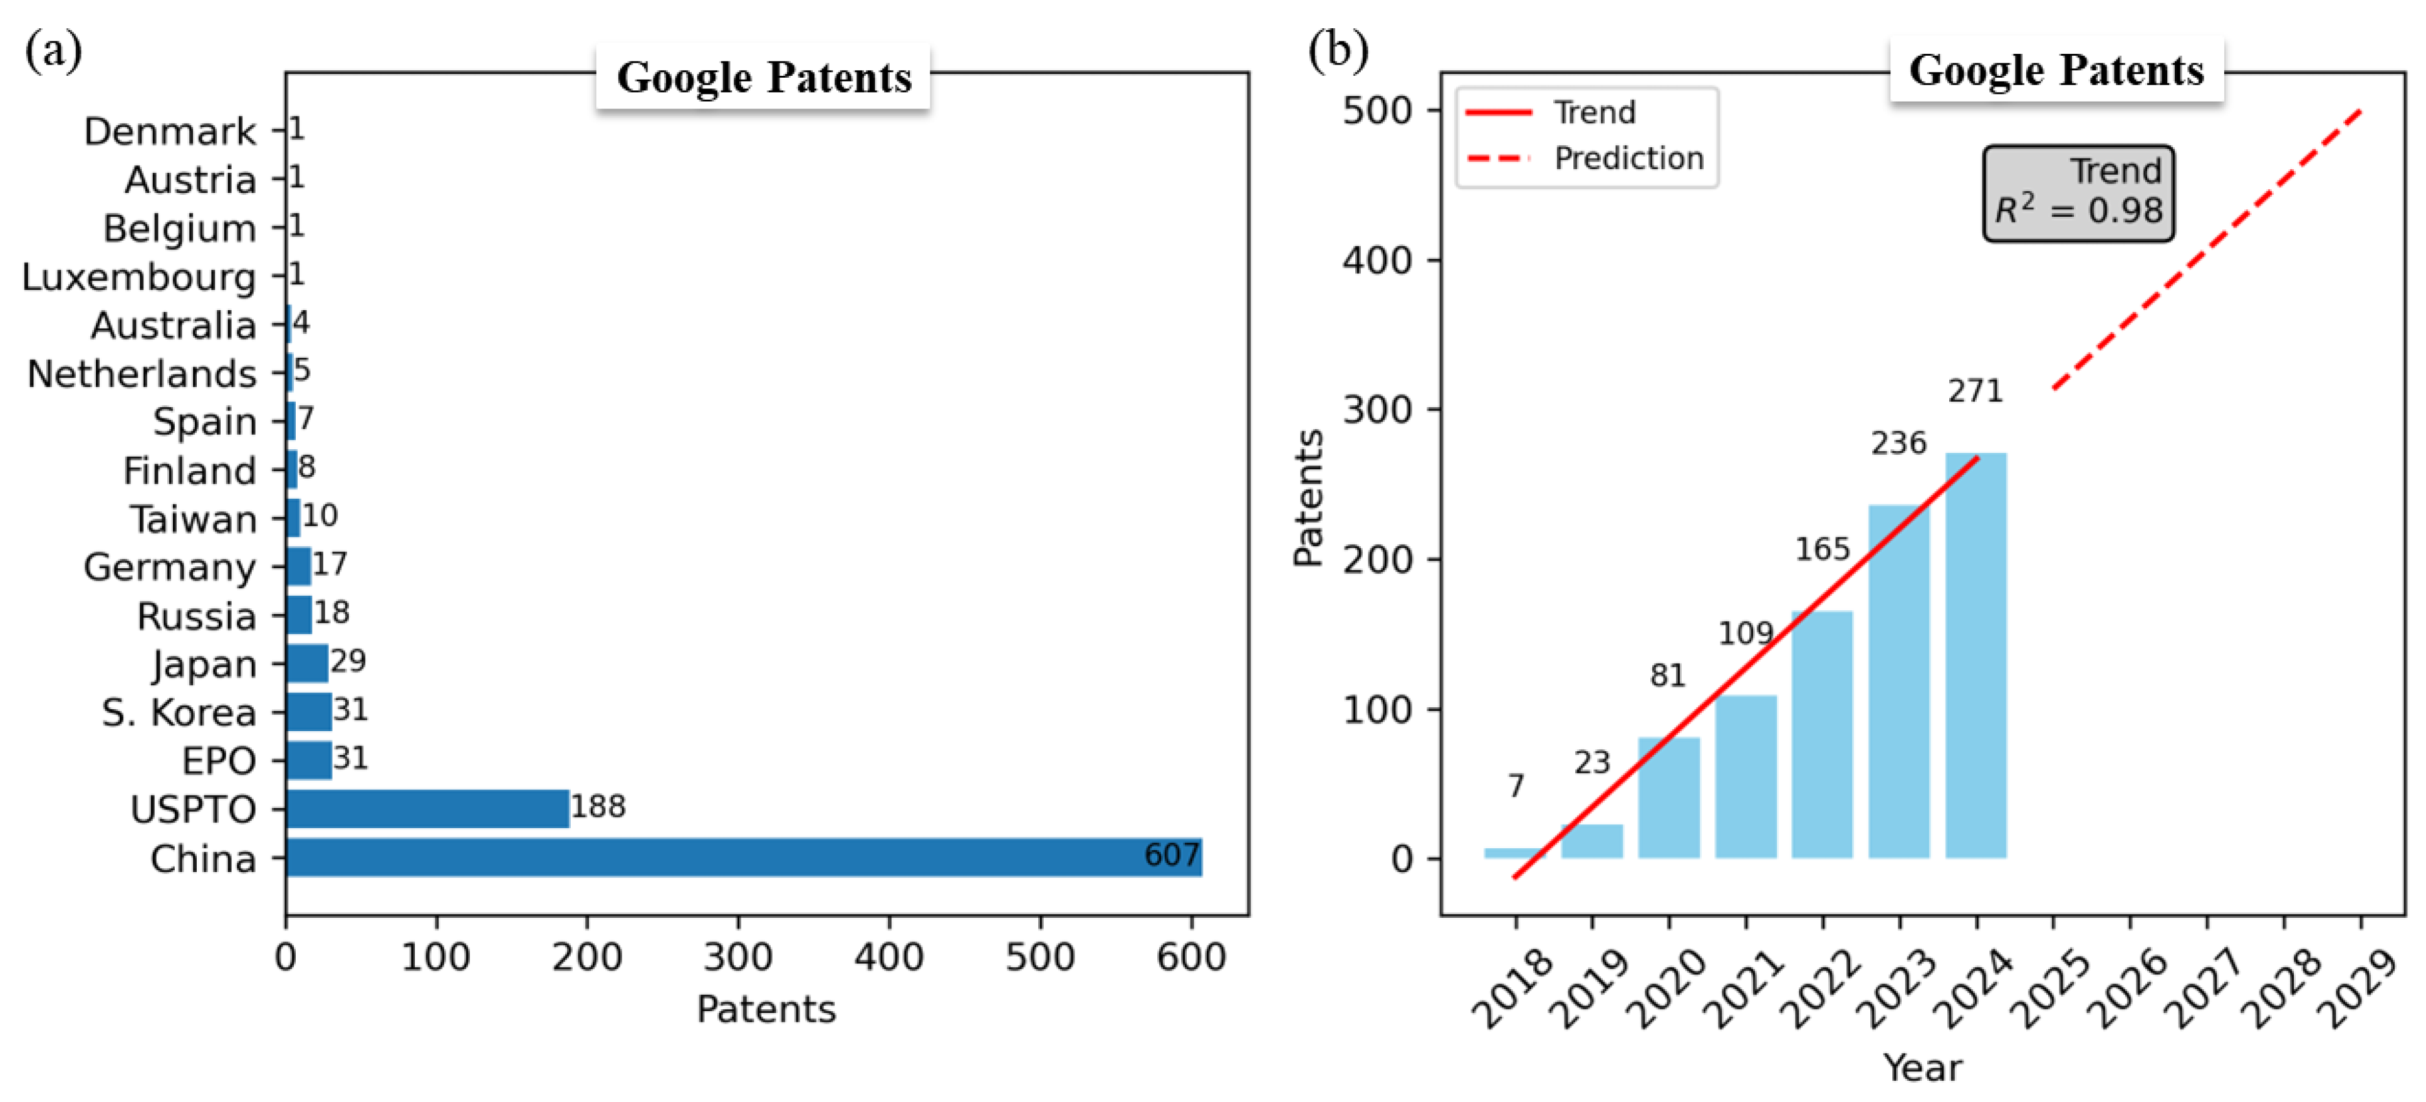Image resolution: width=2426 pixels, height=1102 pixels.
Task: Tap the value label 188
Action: [x=598, y=806]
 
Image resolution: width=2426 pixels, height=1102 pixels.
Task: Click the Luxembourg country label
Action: [x=138, y=277]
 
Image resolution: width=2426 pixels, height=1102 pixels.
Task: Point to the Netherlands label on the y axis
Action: [x=141, y=374]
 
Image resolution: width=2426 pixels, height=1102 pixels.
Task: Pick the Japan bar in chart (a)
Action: [x=307, y=663]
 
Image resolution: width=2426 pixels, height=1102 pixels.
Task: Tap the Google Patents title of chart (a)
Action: [x=764, y=77]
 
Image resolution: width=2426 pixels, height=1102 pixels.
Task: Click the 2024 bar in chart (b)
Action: [x=1976, y=659]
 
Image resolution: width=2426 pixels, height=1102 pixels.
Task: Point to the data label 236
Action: [x=1898, y=443]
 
